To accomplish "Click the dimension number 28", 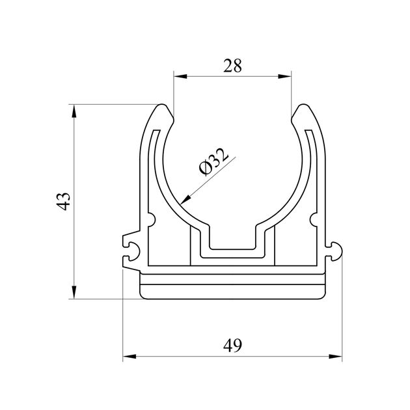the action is click(x=232, y=66).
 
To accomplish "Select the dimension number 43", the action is click(x=63, y=201).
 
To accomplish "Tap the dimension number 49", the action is click(x=233, y=346).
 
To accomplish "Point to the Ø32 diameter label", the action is click(x=213, y=162).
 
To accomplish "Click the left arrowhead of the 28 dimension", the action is click(x=180, y=76).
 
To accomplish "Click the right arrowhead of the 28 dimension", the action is click(x=284, y=76).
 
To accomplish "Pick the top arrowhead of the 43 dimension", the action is click(x=74, y=111).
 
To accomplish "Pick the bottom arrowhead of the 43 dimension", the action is click(x=74, y=292).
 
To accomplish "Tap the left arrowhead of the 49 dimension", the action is click(x=130, y=356).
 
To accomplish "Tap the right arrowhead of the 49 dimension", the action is click(x=335, y=356).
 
